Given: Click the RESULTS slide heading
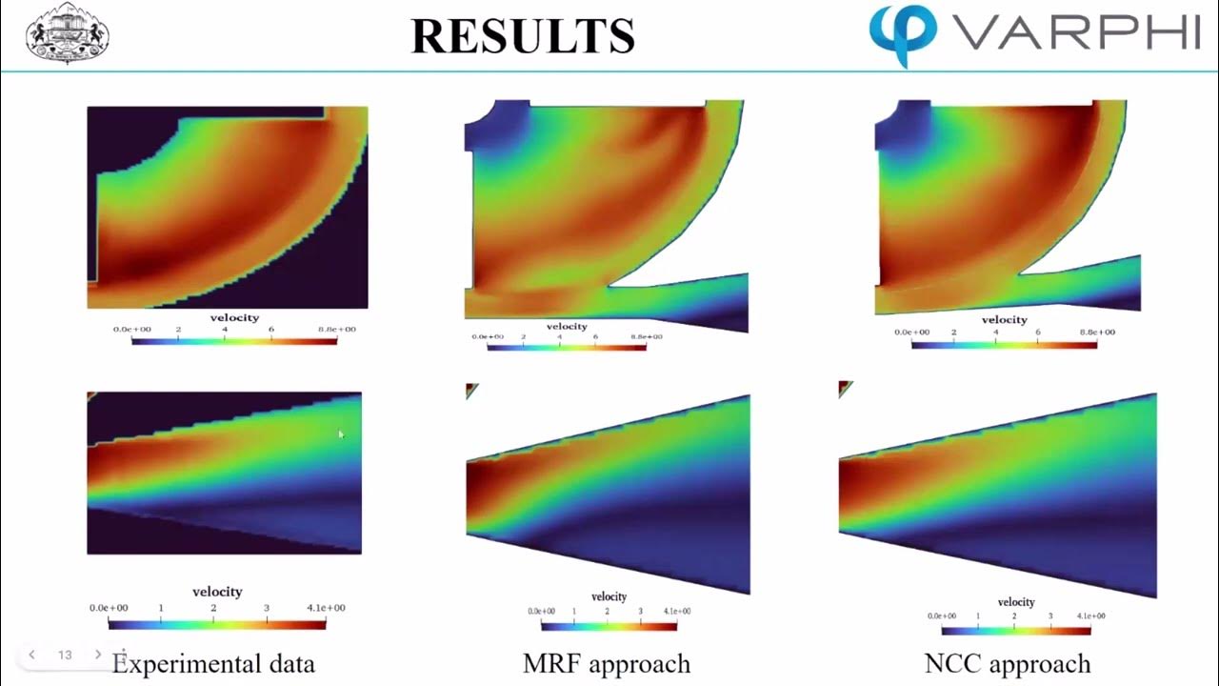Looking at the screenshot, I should point(523,35).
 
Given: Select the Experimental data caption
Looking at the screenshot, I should point(213,663).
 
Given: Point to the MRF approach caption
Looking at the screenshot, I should point(607,663).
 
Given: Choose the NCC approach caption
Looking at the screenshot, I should point(1008,663).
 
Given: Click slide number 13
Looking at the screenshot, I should point(65,655).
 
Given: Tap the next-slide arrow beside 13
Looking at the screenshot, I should point(97,655).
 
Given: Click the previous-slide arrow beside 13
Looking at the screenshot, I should point(32,655).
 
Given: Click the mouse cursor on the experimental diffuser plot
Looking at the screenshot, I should point(341,434).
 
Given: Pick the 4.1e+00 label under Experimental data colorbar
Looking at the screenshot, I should point(324,608).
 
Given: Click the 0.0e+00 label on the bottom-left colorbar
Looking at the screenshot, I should point(110,608).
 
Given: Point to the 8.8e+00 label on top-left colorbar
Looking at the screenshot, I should point(337,330).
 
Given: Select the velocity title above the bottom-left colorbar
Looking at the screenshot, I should point(217,592).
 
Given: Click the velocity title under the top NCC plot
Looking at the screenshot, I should point(1004,320).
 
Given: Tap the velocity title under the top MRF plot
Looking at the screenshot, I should point(567,327).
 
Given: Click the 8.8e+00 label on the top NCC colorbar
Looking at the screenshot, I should point(1097,333).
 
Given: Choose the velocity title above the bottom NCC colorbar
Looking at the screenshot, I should point(1016,602).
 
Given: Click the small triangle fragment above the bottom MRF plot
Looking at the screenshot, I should point(471,390).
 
